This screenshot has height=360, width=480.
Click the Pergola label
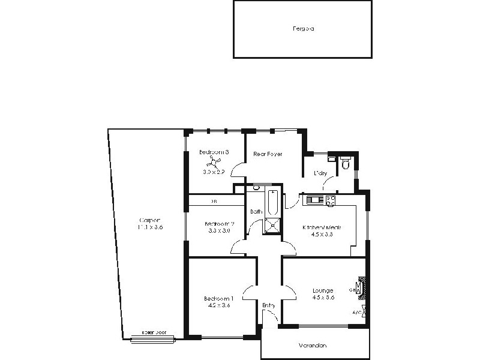304,28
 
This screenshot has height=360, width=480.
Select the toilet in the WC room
346,163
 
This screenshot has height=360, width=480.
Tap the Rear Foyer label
268,154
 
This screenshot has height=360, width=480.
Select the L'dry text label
320,174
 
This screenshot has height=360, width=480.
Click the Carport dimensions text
150,227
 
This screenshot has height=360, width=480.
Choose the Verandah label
314,346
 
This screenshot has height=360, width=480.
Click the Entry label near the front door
269,306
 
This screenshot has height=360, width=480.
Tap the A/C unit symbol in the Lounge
359,313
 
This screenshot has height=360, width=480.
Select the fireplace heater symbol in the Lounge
361,287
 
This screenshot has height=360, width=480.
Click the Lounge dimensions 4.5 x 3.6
323,298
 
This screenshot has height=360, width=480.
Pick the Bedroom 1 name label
218,298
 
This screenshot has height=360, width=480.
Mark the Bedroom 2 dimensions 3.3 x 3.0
219,230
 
